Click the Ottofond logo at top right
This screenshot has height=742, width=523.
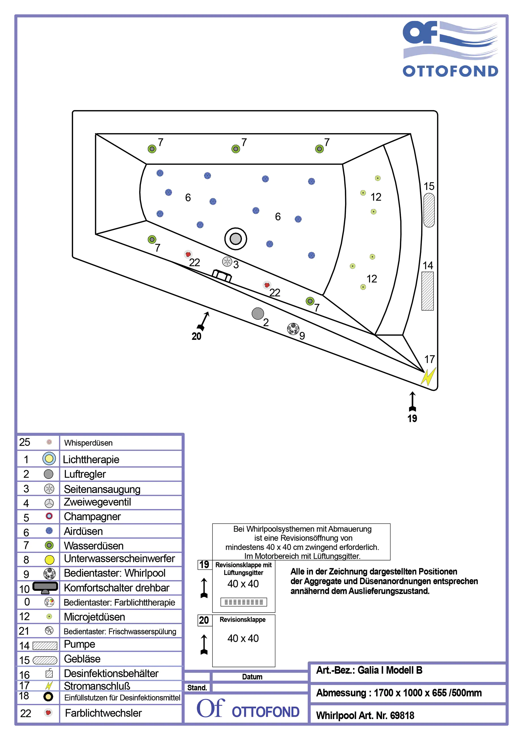coord(450,49)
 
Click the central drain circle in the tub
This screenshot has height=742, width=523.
coord(235,239)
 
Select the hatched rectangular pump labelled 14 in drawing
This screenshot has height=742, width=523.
coord(427,291)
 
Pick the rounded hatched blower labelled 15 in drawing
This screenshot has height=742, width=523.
coord(429,210)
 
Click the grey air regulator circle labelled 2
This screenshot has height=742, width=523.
coord(258,313)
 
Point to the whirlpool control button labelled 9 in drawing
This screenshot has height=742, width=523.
coord(293,329)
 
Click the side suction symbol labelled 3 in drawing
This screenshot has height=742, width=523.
coord(227,261)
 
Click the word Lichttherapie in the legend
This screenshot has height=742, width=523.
coord(91,459)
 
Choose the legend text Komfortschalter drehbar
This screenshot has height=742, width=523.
coord(116,588)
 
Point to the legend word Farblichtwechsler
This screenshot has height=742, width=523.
coord(103,713)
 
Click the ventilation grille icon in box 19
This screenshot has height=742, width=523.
coord(244,602)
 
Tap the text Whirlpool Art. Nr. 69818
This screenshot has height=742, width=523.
coord(365,715)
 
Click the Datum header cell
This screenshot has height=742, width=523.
coord(252,677)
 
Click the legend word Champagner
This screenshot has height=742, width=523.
coord(92,517)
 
